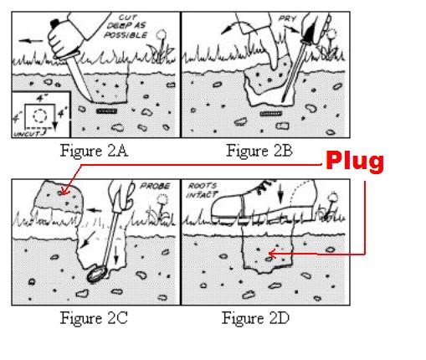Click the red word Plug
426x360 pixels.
355,161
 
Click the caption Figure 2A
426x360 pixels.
94,151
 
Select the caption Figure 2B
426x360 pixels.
259,151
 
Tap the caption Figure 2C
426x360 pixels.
94,318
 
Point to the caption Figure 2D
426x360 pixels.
255,318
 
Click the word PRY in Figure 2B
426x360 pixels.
288,18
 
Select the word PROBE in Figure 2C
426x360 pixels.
155,186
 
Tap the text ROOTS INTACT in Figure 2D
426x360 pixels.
202,190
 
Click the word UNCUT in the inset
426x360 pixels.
27,134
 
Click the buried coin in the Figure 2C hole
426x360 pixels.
96,275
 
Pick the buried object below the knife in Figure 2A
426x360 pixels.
106,111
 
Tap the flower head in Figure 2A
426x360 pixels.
162,35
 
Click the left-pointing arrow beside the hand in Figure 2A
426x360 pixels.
31,41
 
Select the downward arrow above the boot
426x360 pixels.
280,193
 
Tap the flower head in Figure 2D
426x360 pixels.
332,198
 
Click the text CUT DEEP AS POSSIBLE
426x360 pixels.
126,26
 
